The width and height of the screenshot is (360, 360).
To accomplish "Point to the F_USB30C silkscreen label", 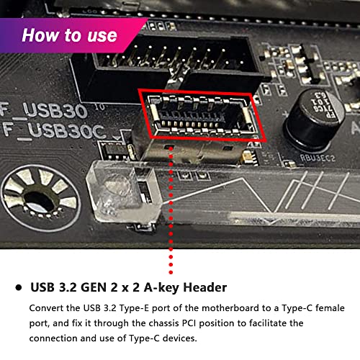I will coord(53,131).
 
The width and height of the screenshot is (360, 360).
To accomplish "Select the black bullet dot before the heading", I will coord(17,287).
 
